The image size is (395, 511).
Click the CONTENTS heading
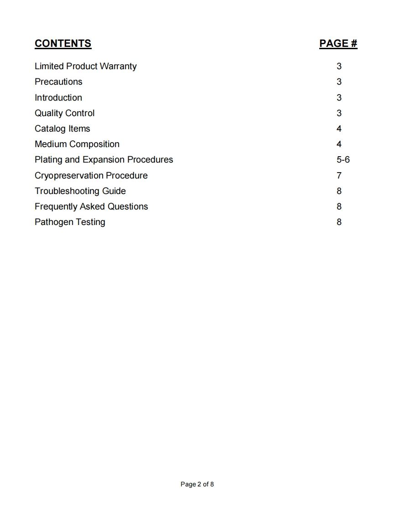click(63, 44)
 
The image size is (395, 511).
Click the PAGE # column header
click(338, 44)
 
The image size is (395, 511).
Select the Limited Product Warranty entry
click(86, 66)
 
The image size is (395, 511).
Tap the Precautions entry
click(58, 82)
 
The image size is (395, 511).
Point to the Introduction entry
click(58, 97)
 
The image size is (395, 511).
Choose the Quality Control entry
click(64, 113)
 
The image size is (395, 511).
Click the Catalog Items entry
click(62, 129)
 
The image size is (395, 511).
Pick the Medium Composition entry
click(77, 144)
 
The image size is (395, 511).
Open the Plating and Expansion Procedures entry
click(104, 160)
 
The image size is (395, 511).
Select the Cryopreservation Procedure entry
click(91, 175)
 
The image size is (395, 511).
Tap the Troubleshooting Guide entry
click(80, 191)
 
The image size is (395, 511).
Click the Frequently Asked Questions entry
click(91, 207)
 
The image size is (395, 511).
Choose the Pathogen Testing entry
click(70, 222)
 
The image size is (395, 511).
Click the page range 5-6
click(343, 160)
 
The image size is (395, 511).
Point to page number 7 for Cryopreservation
click(339, 175)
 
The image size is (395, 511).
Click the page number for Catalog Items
click(339, 129)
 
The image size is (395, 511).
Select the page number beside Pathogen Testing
click(339, 222)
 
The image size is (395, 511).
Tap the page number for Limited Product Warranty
click(339, 66)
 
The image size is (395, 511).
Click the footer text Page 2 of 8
click(197, 484)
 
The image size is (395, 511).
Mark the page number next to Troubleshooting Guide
click(339, 191)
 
